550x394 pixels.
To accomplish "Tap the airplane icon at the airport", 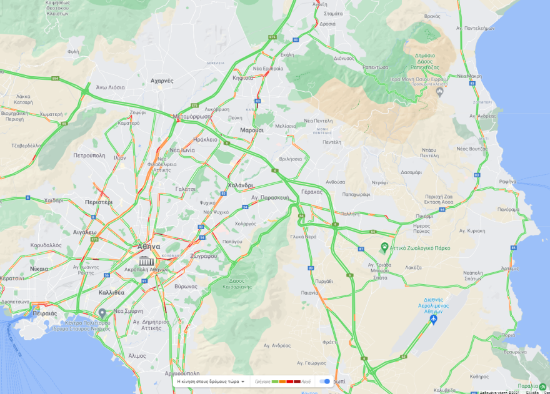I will click(x=433, y=320).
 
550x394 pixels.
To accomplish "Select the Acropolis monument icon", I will click(x=147, y=260).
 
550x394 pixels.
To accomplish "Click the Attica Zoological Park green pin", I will click(x=385, y=248).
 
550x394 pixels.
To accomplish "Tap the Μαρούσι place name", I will click(x=252, y=131).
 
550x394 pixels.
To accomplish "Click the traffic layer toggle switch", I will click(x=325, y=381).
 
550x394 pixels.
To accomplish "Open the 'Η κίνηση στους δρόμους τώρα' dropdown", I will click(x=211, y=381).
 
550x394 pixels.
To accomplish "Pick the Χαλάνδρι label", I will click(x=240, y=185).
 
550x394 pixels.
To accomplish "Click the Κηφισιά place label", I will click(x=242, y=78).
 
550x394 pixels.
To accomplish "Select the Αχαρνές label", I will click(x=162, y=81).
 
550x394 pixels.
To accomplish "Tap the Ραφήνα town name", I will click(x=507, y=182).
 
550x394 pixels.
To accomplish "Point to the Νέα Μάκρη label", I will click(x=469, y=76).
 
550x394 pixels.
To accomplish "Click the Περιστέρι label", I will click(x=99, y=202).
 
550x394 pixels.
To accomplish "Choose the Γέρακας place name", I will click(x=311, y=192).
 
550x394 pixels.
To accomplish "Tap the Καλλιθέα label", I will click(x=111, y=292).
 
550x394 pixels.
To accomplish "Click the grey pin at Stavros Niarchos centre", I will click(x=102, y=312).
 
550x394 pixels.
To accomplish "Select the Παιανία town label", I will click(x=309, y=292).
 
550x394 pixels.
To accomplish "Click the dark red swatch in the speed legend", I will click(x=297, y=381).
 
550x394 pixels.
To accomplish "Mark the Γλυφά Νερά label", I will click(x=302, y=237).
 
